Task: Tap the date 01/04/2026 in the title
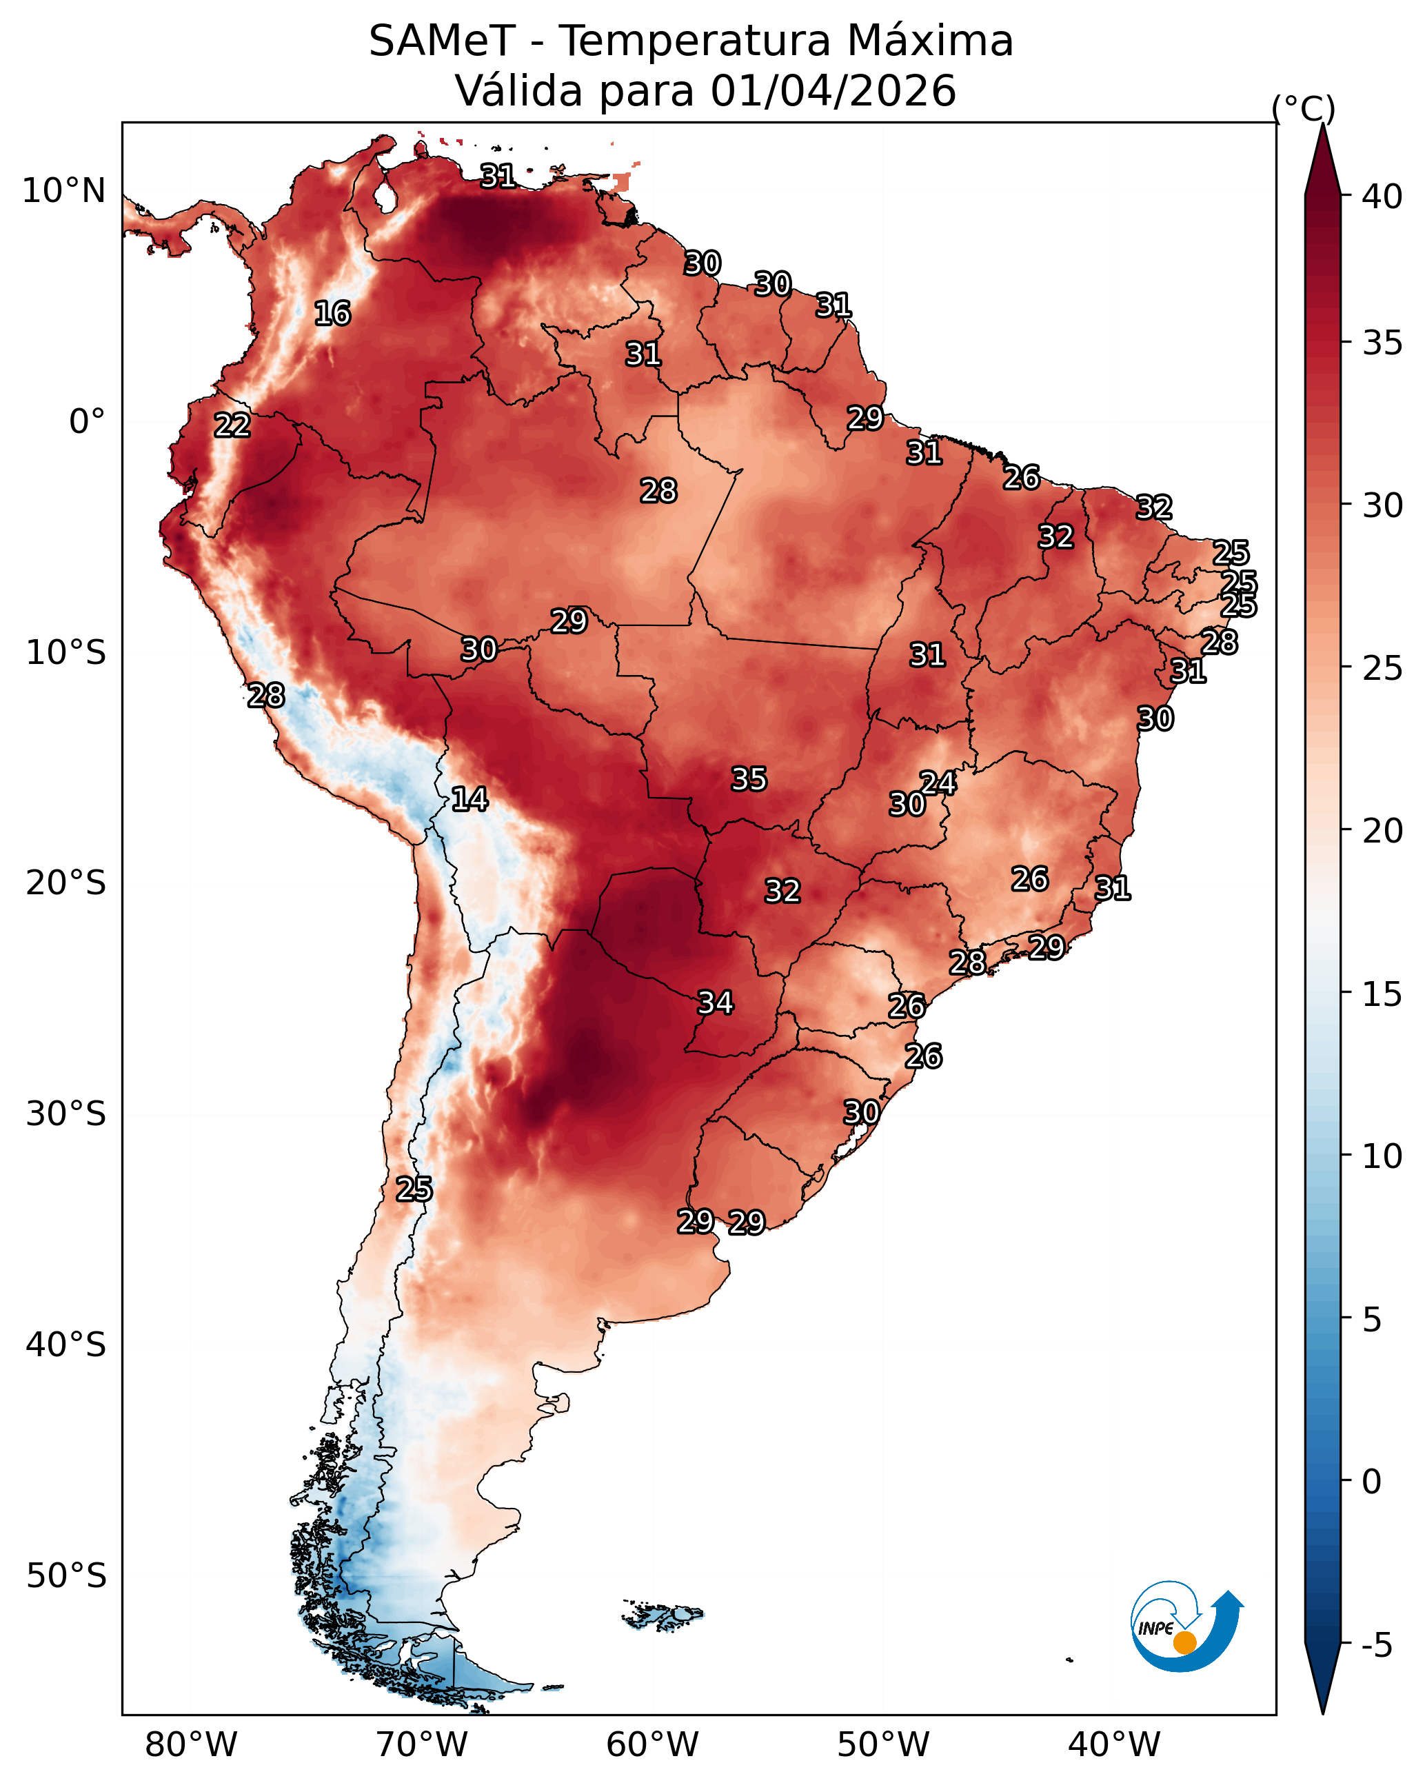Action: (x=833, y=90)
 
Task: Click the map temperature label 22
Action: (x=232, y=425)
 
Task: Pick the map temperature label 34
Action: (x=716, y=1003)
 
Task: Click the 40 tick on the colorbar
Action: (x=1383, y=196)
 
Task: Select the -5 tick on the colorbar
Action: (x=1377, y=1645)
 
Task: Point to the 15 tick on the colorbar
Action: (x=1383, y=994)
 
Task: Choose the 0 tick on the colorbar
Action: (x=1372, y=1482)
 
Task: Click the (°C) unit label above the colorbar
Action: (x=1304, y=108)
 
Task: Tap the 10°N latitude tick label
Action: (x=63, y=191)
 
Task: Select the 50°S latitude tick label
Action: (x=66, y=1576)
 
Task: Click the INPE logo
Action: (x=1187, y=1626)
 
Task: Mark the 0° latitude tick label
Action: (x=88, y=422)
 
